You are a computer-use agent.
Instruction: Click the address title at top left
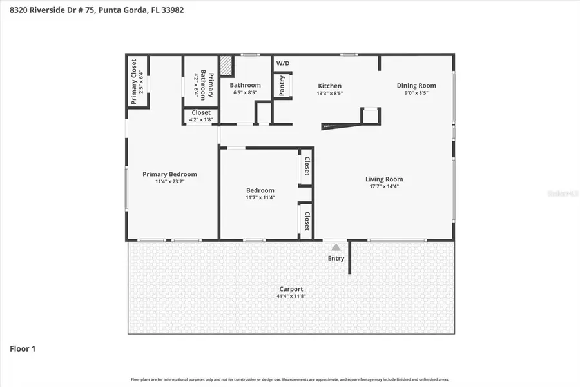tap(97, 10)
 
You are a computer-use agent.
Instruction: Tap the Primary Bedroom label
tap(169, 174)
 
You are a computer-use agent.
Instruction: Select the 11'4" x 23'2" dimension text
tap(169, 182)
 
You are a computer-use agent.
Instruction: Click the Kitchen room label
tap(329, 86)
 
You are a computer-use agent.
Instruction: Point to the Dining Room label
tap(416, 85)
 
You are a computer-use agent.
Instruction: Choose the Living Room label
tap(384, 179)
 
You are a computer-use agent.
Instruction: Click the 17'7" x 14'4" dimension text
tap(384, 187)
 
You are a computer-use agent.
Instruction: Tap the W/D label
tap(283, 63)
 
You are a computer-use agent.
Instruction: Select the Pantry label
tap(282, 85)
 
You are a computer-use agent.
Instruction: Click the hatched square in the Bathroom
tap(226, 66)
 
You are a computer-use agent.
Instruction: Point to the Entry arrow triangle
tap(335, 247)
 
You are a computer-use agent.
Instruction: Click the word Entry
tap(336, 259)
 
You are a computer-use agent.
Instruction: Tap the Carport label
tap(291, 289)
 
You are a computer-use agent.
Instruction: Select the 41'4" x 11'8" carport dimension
tap(291, 297)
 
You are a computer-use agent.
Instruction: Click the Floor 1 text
tap(23, 349)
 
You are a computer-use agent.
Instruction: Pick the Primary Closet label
tap(134, 81)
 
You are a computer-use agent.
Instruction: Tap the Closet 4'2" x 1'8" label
tap(201, 115)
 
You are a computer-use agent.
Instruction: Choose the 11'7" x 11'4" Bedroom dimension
tap(260, 198)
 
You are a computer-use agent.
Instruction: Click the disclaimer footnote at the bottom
tap(290, 380)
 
